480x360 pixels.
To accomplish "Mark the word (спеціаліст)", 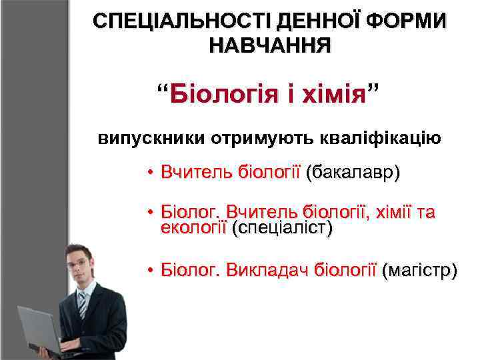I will [x=281, y=228].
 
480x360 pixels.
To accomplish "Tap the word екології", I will [x=193, y=228].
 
